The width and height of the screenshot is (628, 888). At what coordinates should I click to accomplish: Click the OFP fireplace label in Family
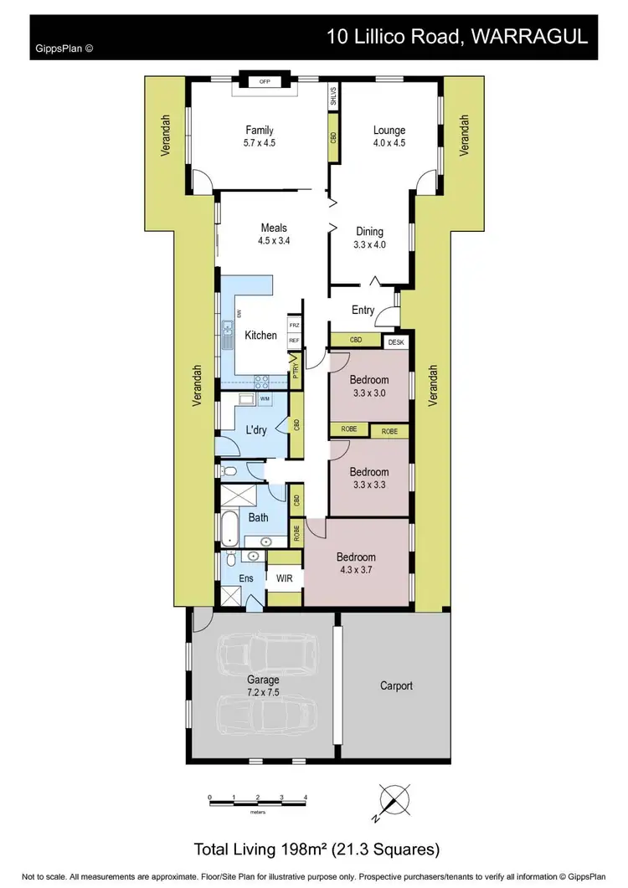tap(265, 82)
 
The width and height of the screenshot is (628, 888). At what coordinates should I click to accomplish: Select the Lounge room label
tap(389, 131)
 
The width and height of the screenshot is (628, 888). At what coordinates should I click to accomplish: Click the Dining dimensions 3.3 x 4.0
tap(369, 245)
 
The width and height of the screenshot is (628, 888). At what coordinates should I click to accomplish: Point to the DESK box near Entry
tap(395, 341)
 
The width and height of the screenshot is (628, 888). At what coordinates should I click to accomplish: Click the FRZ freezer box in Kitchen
tap(294, 325)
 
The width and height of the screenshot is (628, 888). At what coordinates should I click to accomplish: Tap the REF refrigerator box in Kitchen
tap(294, 341)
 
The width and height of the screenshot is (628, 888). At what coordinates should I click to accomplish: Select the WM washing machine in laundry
tap(265, 399)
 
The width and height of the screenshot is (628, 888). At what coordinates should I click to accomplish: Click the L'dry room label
tap(255, 430)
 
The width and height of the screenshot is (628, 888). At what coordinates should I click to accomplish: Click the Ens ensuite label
tap(246, 577)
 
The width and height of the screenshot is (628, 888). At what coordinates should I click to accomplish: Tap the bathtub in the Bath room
tap(229, 529)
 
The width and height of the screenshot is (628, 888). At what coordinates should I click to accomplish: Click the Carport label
tap(396, 685)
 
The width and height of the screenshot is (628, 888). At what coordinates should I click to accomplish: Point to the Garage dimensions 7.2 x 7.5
tap(262, 692)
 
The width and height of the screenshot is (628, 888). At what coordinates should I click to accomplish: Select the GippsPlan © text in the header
tap(64, 49)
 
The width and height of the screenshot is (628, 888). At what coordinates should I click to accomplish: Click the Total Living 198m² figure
tap(317, 850)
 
